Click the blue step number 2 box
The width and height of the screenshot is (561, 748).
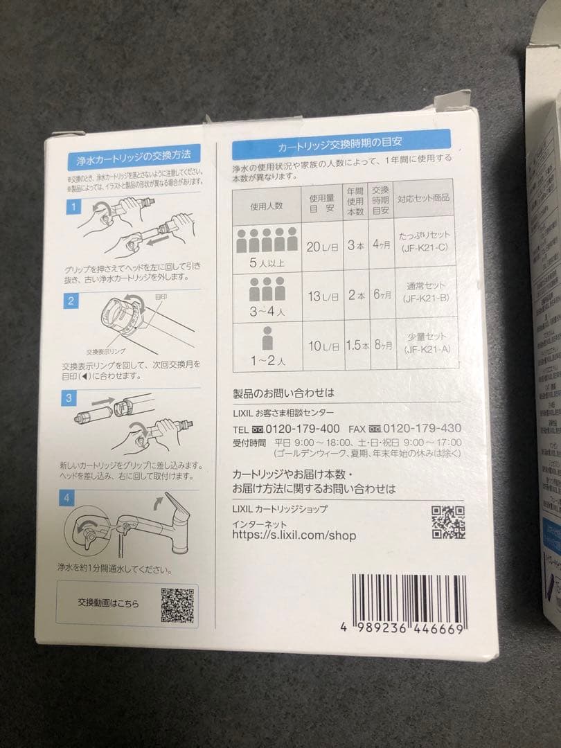click(x=71, y=300)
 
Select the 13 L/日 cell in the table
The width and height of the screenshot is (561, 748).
click(x=323, y=296)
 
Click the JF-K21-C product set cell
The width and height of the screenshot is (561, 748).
click(x=425, y=245)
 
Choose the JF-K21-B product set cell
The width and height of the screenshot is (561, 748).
click(x=425, y=292)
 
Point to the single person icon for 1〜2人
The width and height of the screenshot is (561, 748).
click(x=267, y=339)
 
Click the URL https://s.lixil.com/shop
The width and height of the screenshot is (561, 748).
click(x=294, y=535)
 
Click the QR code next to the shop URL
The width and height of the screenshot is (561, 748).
click(x=448, y=522)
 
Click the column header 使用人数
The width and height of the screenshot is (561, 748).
click(x=267, y=206)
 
